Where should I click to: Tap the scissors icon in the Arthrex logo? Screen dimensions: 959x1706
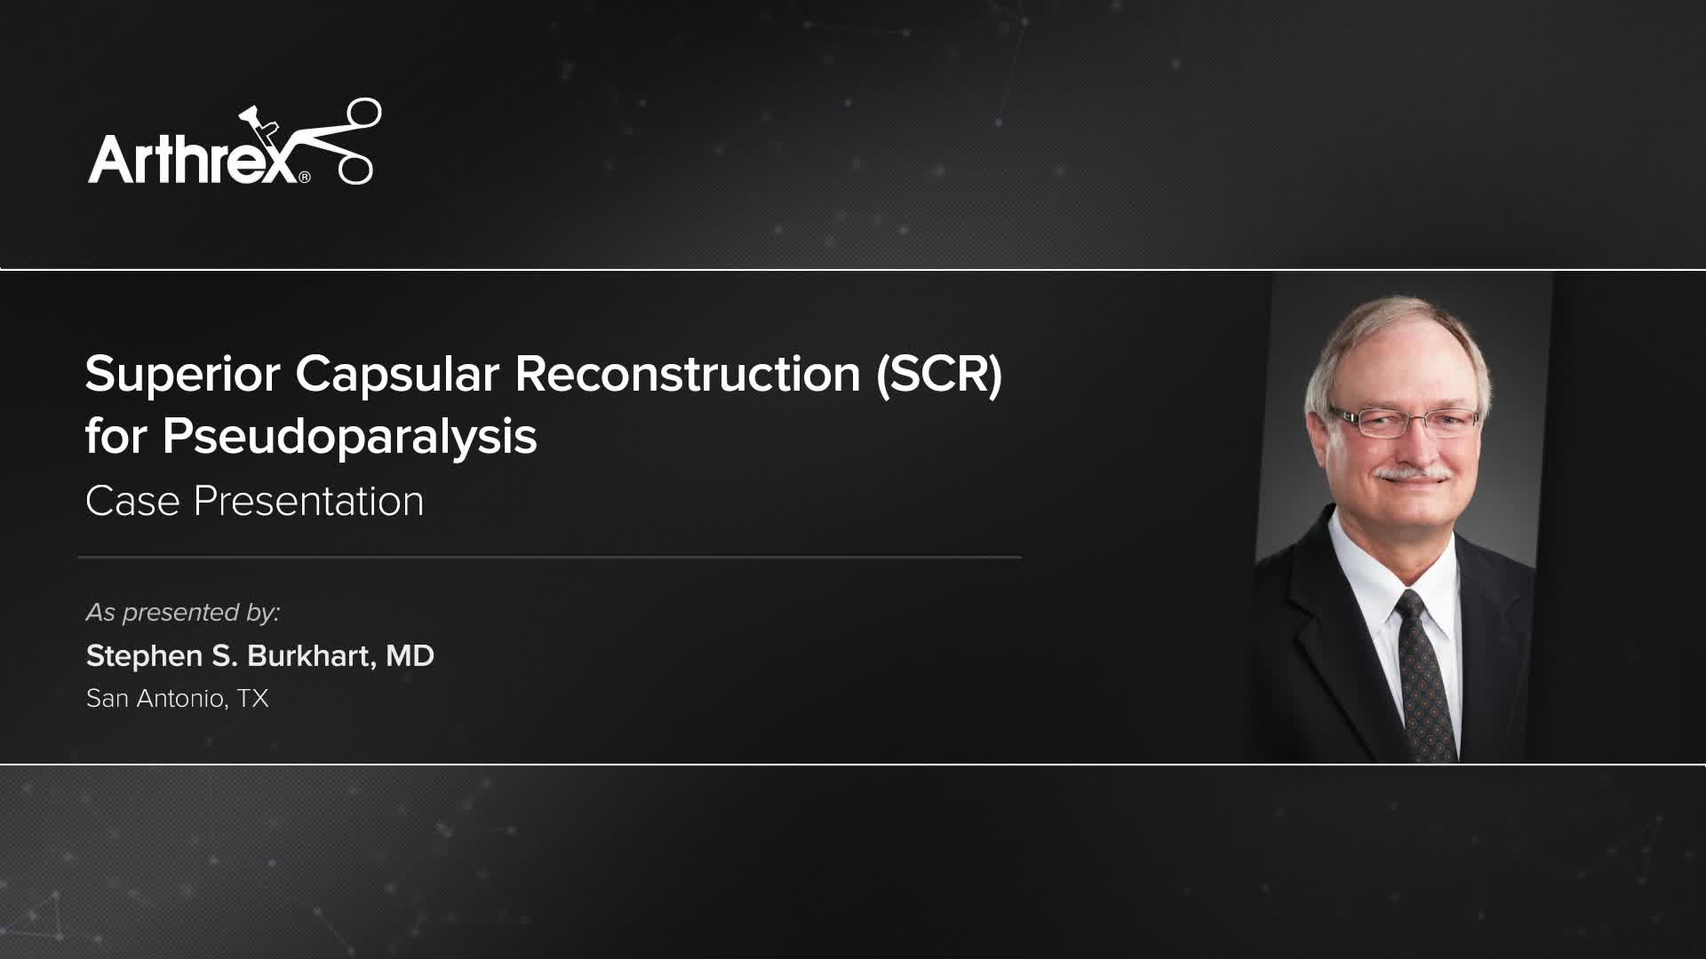coord(342,142)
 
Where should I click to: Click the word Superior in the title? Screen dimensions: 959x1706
coord(183,374)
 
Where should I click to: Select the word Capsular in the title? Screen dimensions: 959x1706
coord(397,374)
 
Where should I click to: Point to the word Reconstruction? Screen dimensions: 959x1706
coord(688,374)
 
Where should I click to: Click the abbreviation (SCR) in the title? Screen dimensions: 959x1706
coord(939,374)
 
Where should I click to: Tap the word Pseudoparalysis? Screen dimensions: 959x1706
coord(349,437)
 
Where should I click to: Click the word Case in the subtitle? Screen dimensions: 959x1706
coord(132,502)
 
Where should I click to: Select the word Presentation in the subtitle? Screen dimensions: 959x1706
coord(308,502)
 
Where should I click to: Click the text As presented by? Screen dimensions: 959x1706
coord(183,613)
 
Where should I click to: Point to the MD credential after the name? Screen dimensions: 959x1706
coord(410,656)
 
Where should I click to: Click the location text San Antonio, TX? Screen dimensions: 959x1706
coord(177,699)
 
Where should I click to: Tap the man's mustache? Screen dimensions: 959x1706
coord(1412,473)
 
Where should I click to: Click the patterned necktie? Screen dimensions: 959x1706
coord(1425,675)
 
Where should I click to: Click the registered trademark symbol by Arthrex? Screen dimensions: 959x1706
coord(305,178)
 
